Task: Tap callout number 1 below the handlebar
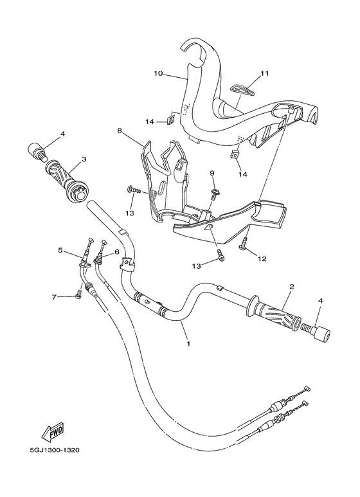(188, 345)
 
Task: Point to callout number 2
(292, 287)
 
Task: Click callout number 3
(84, 159)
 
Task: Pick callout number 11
(264, 74)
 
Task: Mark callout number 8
(120, 131)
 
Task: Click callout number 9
(212, 173)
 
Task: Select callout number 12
(262, 259)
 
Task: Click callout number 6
(117, 251)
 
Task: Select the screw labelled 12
(244, 244)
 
